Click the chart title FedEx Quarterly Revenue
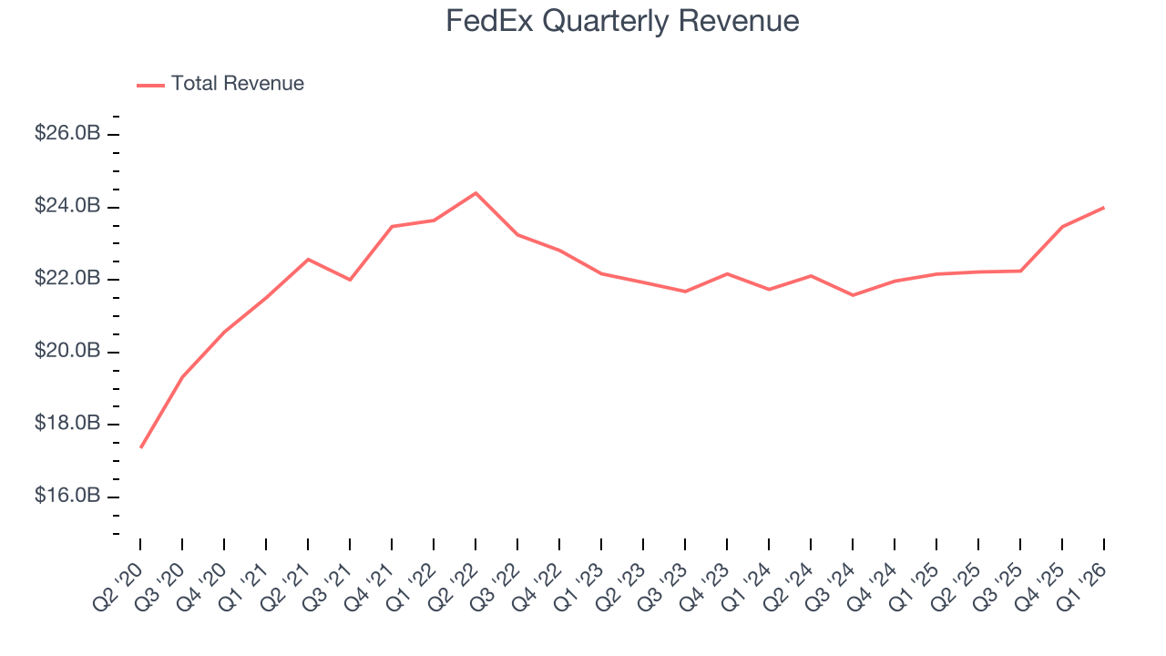click(x=622, y=21)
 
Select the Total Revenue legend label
click(x=237, y=84)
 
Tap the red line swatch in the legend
click(x=150, y=85)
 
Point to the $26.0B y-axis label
click(x=66, y=134)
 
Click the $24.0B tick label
click(x=66, y=207)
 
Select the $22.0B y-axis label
click(x=66, y=279)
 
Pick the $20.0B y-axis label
click(x=66, y=352)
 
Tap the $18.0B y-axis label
click(x=66, y=424)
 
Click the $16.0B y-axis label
click(x=66, y=497)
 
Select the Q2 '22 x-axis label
click(x=457, y=572)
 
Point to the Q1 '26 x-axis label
click(x=1086, y=572)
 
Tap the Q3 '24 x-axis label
click(x=834, y=572)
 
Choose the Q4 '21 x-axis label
click(x=373, y=572)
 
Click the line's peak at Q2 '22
click(x=476, y=193)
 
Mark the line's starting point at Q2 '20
click(x=141, y=447)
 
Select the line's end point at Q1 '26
click(x=1104, y=208)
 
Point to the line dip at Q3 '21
click(x=350, y=280)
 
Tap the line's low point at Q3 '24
click(x=853, y=295)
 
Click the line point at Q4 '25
click(x=1062, y=226)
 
